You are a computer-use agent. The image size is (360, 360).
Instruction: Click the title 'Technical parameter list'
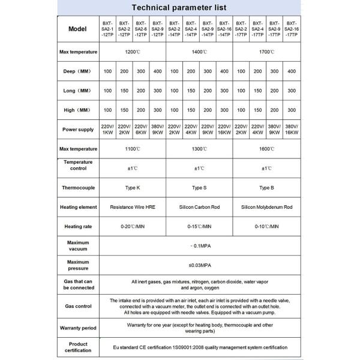click(x=180, y=8)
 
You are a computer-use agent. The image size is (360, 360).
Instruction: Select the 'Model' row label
click(x=78, y=29)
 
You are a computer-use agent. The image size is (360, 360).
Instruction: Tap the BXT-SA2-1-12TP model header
click(x=107, y=29)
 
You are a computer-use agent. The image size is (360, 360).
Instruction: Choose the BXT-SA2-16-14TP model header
click(x=224, y=29)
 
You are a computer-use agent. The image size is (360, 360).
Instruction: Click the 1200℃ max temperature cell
click(x=132, y=52)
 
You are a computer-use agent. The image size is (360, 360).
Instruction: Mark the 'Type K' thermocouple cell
click(x=132, y=188)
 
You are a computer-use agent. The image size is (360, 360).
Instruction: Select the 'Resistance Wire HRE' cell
click(x=132, y=207)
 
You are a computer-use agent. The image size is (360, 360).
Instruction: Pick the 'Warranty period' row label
click(x=78, y=328)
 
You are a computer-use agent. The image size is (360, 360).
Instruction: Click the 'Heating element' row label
click(x=78, y=207)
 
